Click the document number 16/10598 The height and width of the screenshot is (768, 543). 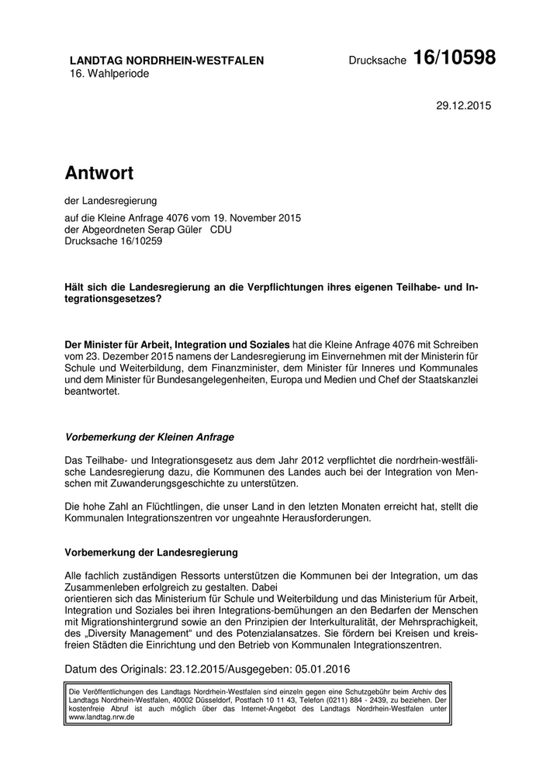point(454,57)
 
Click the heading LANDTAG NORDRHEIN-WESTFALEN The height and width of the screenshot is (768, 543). point(167,61)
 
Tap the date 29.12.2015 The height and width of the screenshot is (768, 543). point(464,105)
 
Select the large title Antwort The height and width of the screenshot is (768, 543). point(99,171)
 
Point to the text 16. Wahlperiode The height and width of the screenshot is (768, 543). point(109,74)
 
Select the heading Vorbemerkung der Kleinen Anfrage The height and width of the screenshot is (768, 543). point(149,437)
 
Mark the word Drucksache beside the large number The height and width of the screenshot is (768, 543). point(377,61)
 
